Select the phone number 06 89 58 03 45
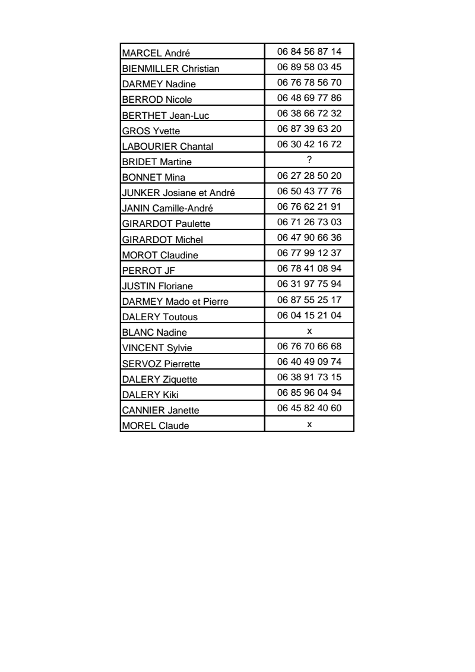[x=309, y=66]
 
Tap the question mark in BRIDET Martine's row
[x=309, y=159]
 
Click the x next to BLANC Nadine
[x=309, y=330]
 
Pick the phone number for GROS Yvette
[x=309, y=128]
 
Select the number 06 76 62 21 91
[x=309, y=206]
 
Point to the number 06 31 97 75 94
[x=309, y=283]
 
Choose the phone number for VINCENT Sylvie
[x=309, y=345]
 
